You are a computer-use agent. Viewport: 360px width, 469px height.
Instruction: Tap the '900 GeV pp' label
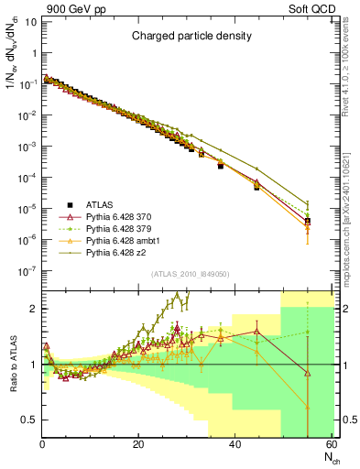(66, 8)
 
